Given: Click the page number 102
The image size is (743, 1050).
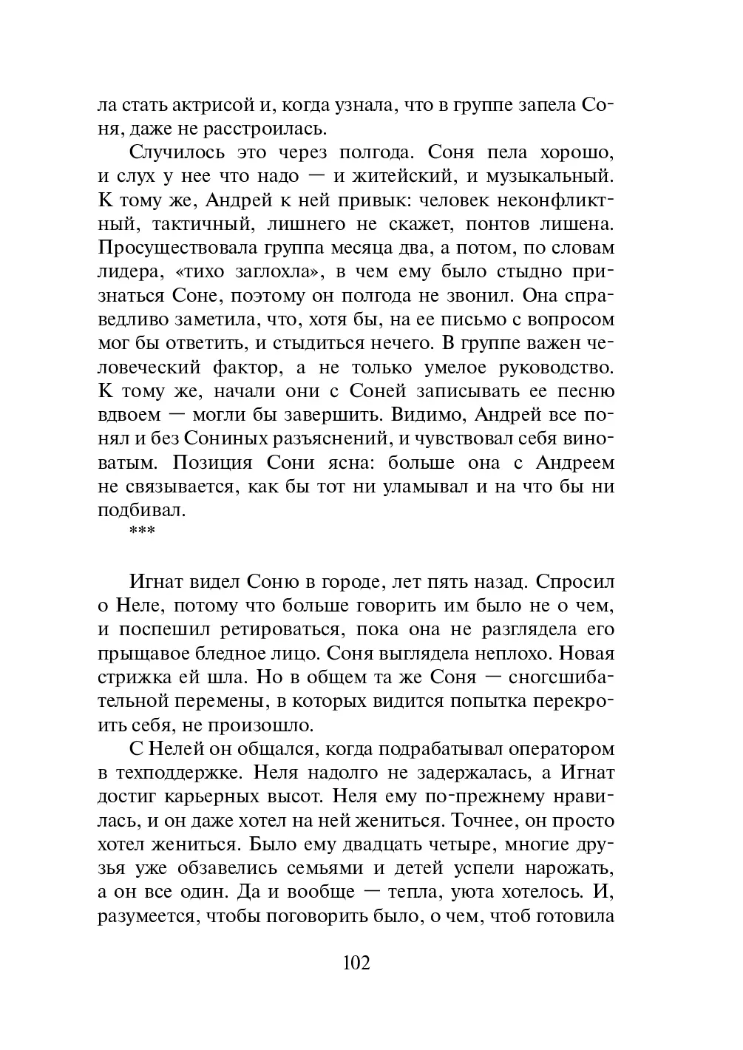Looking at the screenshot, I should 356,963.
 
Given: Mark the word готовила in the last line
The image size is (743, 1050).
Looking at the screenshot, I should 575,916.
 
